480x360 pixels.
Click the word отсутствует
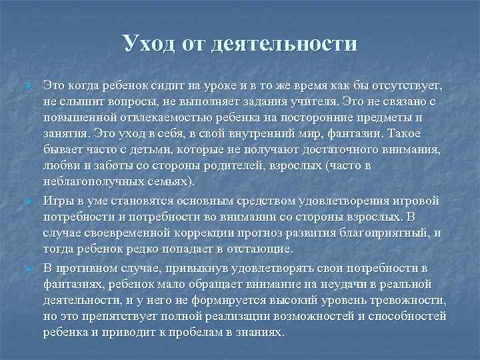coord(403,87)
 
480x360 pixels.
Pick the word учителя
coord(313,101)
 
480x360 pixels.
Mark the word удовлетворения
coord(358,200)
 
